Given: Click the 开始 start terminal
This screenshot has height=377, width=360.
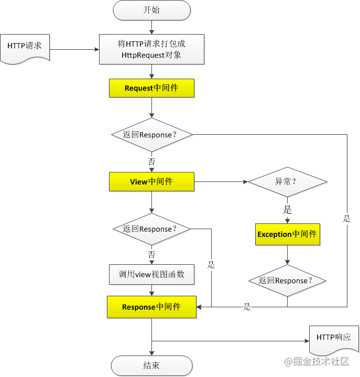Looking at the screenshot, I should tap(151, 10).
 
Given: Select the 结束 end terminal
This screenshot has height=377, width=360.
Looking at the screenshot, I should tap(151, 365).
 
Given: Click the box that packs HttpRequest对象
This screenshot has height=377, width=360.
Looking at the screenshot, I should tap(151, 49).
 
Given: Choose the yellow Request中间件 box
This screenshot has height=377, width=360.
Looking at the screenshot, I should tap(151, 88).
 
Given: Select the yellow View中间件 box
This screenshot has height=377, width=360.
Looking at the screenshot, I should tap(151, 182).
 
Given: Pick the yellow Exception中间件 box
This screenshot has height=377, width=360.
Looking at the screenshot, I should tap(287, 234).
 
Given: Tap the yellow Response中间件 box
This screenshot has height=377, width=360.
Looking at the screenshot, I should tap(151, 307).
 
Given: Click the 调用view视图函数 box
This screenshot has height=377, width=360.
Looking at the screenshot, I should tap(151, 274).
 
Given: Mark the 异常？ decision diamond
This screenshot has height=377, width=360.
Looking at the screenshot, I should tap(287, 182).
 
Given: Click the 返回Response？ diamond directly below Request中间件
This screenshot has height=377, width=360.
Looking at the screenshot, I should tap(151, 135).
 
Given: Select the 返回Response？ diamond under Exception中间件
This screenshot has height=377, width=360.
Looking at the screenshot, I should tap(287, 281).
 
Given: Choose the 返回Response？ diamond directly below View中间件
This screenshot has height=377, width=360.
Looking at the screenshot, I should tap(151, 229).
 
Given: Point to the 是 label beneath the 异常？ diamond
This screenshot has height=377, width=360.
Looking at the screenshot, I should tap(287, 210).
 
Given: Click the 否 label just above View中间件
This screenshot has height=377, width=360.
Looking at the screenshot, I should tap(151, 161).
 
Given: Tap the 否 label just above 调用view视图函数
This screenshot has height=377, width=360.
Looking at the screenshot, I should tap(151, 254).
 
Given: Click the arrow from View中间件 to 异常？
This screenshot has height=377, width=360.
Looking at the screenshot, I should tap(221, 182).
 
